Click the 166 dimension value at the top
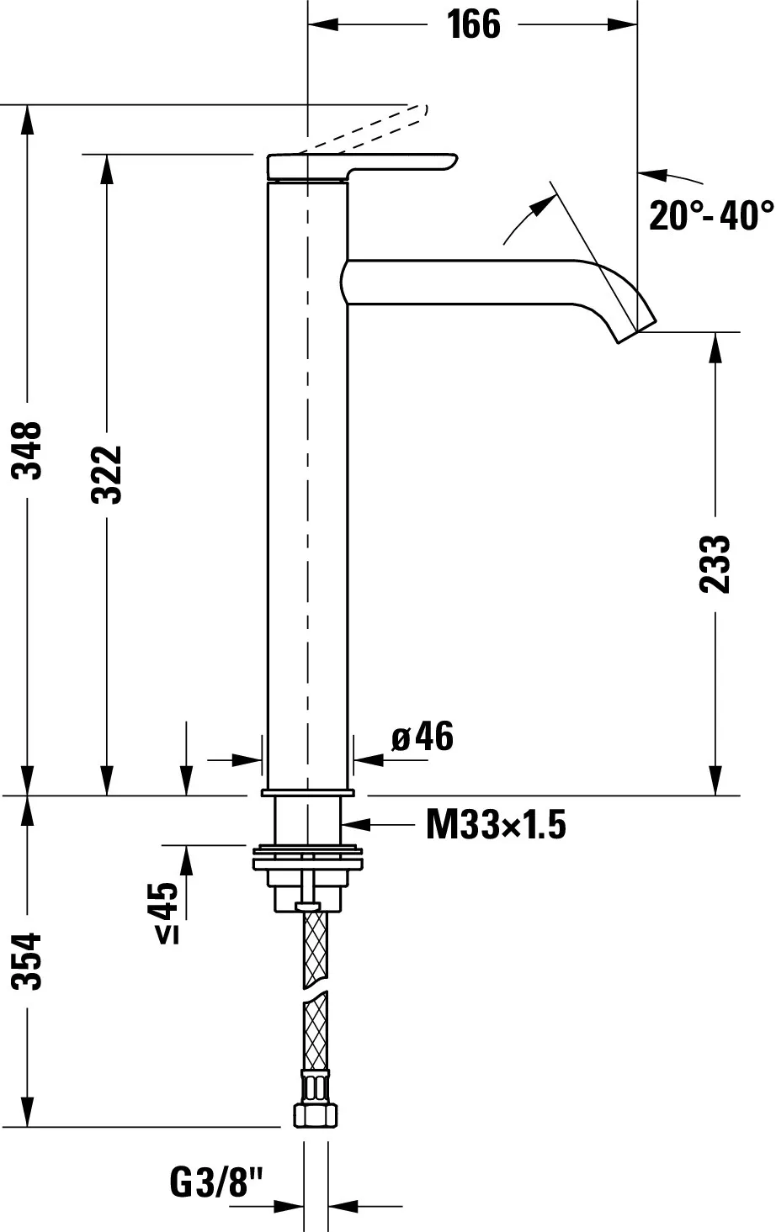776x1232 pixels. click(x=473, y=25)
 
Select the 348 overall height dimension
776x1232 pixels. click(x=29, y=450)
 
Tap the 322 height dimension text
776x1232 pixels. click(x=108, y=474)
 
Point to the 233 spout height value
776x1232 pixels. click(x=715, y=563)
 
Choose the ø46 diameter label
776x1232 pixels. click(x=423, y=738)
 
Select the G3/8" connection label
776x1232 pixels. click(x=216, y=1184)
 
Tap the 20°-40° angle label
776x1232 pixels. click(x=710, y=215)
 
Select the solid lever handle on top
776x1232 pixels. click(x=362, y=166)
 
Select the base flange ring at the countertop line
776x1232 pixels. click(x=308, y=793)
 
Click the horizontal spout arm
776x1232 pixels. click(x=471, y=281)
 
